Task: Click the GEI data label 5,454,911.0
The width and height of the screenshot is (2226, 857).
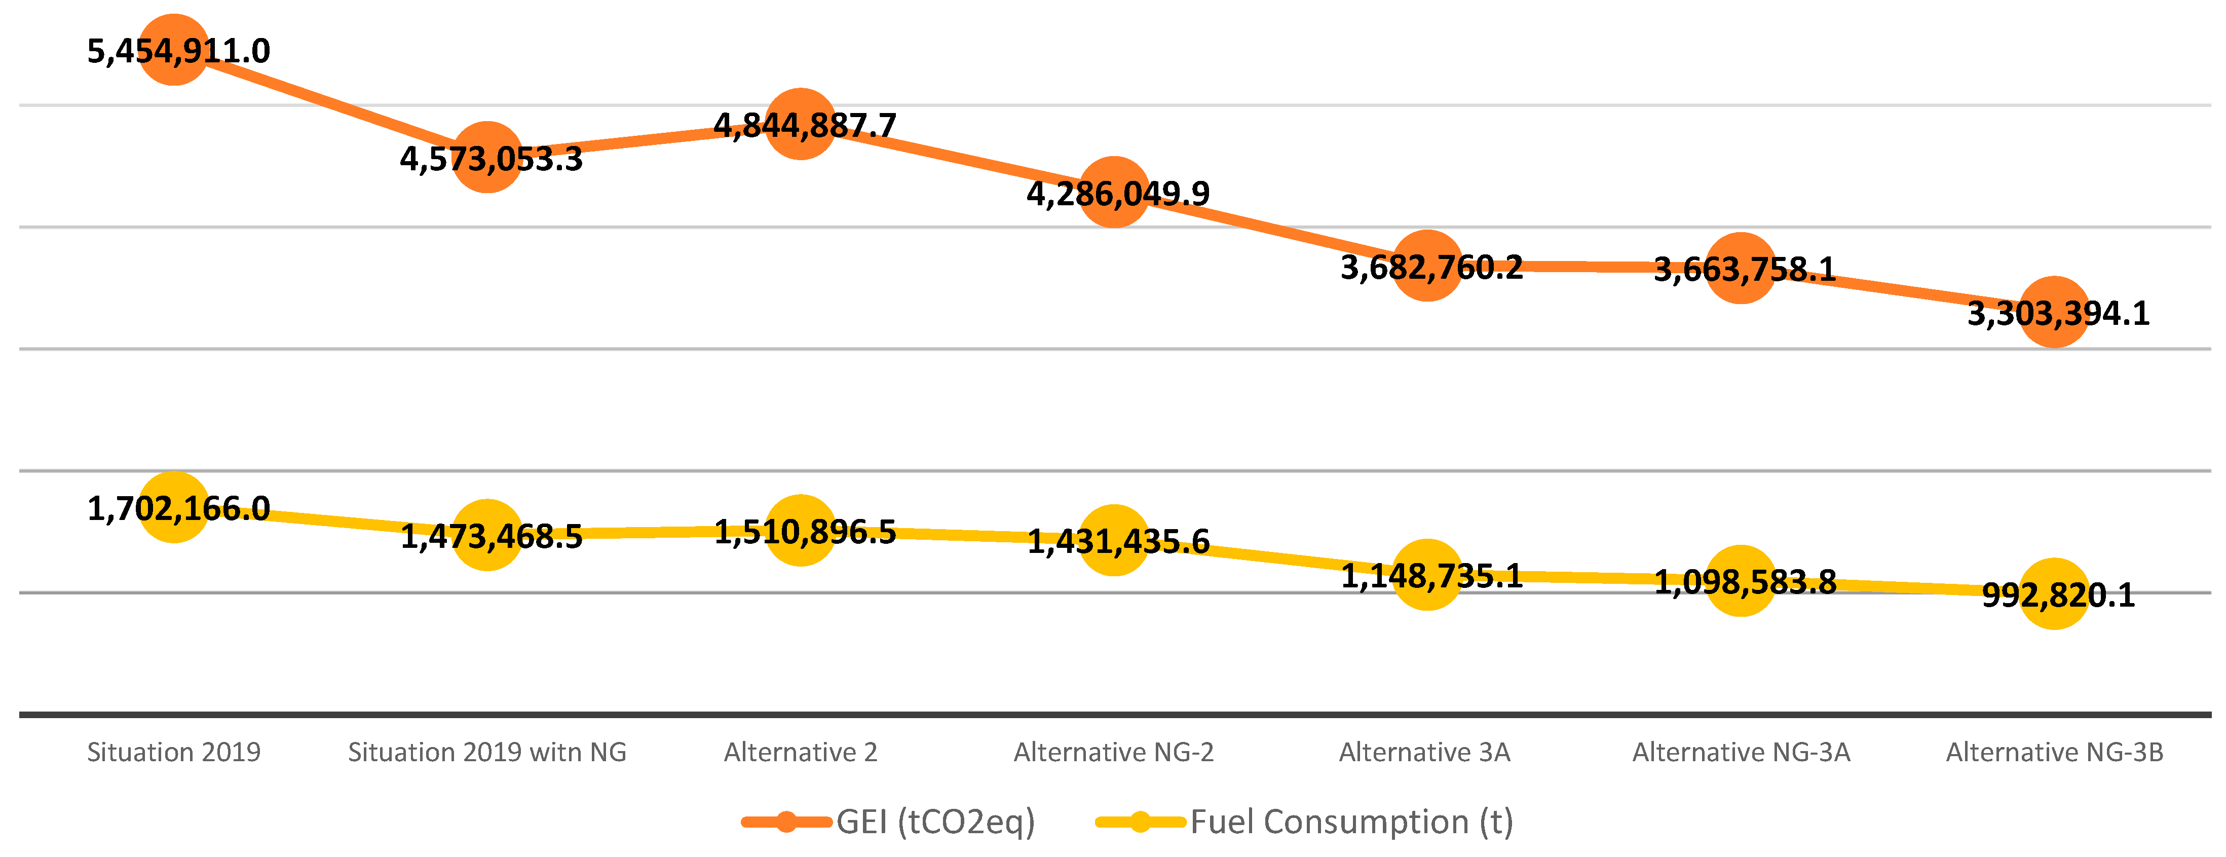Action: (179, 51)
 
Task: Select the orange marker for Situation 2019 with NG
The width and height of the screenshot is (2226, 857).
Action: (487, 157)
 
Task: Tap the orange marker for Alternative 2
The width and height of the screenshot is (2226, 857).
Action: (801, 124)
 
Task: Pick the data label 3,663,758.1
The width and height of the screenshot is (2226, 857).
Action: (1745, 270)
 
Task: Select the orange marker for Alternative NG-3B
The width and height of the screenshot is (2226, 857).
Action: (2054, 312)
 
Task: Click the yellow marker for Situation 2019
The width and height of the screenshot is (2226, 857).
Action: (174, 508)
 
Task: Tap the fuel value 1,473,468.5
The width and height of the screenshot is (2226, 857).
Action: (492, 537)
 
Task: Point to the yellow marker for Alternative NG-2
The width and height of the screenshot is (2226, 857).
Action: (1114, 540)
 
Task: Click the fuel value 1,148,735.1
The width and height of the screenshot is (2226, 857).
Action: (1432, 575)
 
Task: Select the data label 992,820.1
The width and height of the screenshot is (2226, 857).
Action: (2058, 595)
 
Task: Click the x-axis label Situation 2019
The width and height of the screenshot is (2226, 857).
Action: (174, 753)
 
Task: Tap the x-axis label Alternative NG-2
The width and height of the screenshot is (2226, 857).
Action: (1114, 753)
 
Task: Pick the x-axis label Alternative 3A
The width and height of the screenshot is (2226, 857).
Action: (1425, 753)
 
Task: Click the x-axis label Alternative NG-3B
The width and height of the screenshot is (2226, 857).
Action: (2054, 753)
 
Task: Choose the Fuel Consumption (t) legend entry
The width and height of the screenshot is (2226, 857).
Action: (1305, 822)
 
